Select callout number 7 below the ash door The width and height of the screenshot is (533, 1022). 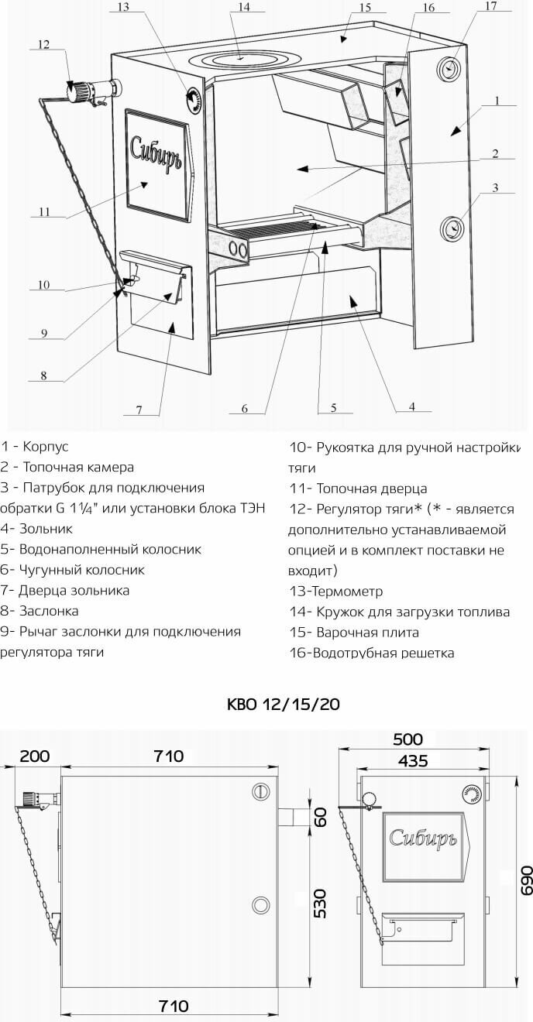tap(139, 410)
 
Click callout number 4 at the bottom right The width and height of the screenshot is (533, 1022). tap(412, 406)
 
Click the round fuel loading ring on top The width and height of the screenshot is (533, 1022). tap(242, 59)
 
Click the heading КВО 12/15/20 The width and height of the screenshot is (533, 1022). tap(283, 705)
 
